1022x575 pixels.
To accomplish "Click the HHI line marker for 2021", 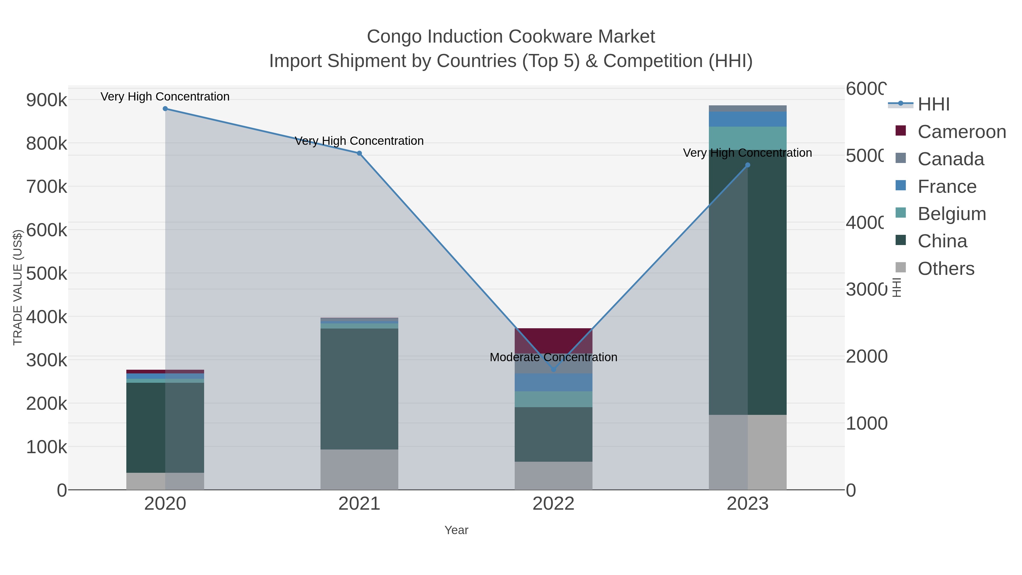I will pyautogui.click(x=359, y=153).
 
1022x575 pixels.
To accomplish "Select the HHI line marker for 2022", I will pyautogui.click(x=554, y=369).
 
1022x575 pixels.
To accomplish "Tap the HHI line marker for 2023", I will pyautogui.click(x=747, y=165).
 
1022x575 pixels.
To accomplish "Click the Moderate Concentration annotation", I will pyautogui.click(x=554, y=357).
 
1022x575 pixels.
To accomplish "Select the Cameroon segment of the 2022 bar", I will pyautogui.click(x=554, y=340).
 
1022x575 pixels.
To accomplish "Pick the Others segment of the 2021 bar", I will pyautogui.click(x=359, y=469).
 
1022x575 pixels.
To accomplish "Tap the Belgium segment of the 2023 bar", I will pyautogui.click(x=747, y=138).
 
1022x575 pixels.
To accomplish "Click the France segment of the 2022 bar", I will pyautogui.click(x=554, y=382).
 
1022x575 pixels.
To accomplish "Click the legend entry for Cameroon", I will pyautogui.click(x=961, y=132).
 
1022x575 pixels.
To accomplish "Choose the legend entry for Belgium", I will pyautogui.click(x=951, y=214).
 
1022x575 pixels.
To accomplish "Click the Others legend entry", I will pyautogui.click(x=945, y=269).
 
